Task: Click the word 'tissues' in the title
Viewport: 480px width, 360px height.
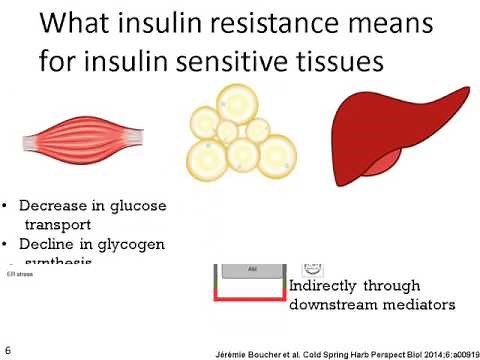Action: coord(337,61)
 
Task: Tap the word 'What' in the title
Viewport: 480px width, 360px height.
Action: coord(83,22)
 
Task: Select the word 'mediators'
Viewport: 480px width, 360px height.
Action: coord(419,304)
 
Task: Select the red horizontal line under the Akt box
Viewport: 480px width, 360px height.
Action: coord(250,297)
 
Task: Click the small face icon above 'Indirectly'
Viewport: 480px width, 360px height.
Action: coord(313,268)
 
